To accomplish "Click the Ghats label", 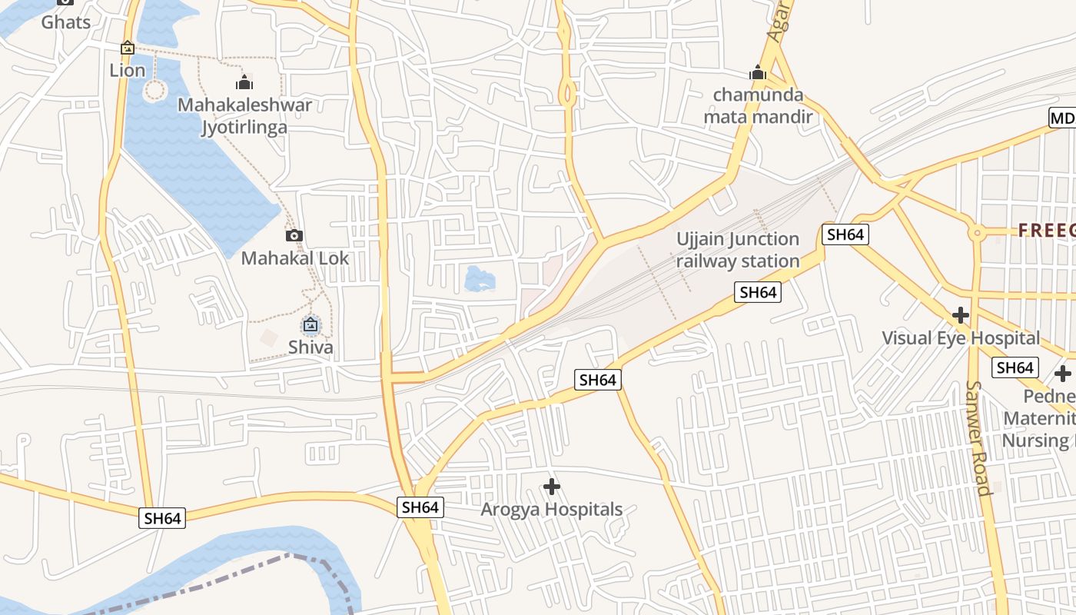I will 66,22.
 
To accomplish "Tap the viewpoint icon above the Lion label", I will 128,48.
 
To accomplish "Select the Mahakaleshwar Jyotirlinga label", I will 244,115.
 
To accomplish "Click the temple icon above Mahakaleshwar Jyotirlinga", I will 244,81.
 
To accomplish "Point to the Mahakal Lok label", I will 295,258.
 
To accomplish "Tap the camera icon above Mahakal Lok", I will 294,236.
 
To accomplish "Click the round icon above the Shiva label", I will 311,325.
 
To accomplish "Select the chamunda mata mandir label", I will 758,106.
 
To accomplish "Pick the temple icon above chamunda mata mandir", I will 758,74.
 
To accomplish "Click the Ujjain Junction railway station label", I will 738,250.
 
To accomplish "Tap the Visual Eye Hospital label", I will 960,338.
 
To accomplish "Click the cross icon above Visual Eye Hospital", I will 960,315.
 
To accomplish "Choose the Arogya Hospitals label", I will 551,510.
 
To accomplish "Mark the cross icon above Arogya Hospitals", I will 551,487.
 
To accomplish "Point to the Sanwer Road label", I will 977,438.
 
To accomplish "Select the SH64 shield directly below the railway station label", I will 757,292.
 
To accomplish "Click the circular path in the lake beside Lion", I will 154,90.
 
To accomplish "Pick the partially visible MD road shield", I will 1063,118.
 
